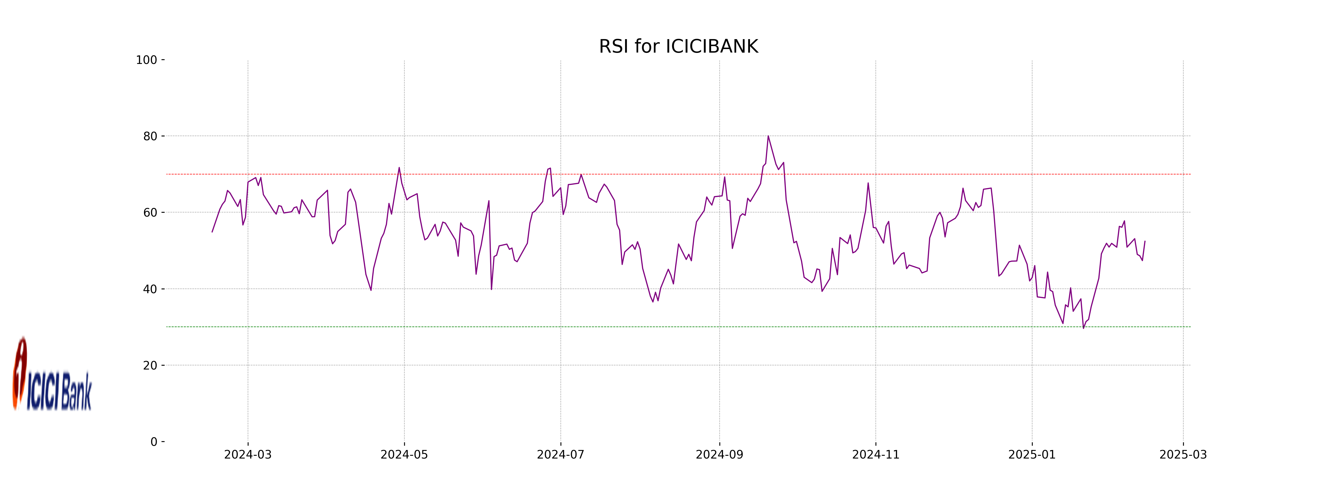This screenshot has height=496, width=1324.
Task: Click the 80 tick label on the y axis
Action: coord(150,137)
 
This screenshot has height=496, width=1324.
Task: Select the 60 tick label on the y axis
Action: coord(150,212)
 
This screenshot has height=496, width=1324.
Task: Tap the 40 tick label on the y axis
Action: coord(150,289)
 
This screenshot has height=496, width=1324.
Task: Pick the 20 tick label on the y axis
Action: coord(150,366)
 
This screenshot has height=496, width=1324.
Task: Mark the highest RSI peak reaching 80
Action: coord(768,136)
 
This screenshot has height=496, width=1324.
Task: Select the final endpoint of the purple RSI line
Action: coord(1145,241)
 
